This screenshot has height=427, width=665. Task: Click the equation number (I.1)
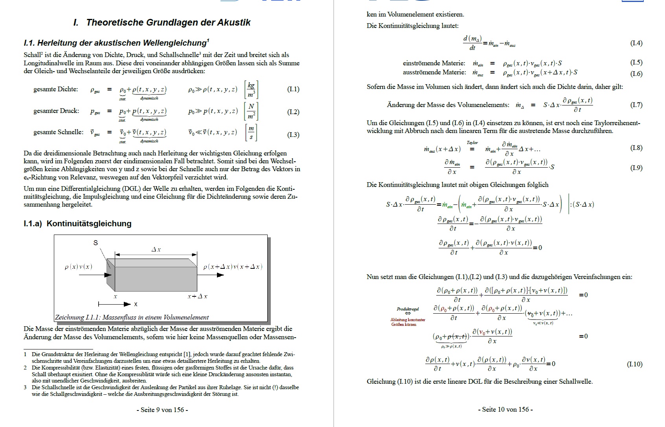(293, 89)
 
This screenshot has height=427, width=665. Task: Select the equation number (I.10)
(634, 364)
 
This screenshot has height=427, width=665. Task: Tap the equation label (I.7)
(636, 105)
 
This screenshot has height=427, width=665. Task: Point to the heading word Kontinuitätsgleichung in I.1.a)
(89, 224)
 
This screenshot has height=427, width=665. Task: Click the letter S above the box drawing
(96, 243)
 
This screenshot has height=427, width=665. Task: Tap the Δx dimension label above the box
(156, 250)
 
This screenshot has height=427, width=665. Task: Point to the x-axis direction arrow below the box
(114, 304)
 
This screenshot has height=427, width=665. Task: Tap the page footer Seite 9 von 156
(162, 410)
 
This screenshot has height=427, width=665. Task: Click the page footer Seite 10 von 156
(505, 409)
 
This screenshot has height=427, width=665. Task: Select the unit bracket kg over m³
(251, 90)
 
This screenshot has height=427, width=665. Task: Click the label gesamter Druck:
(56, 111)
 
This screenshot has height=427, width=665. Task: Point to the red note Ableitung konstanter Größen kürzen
(408, 322)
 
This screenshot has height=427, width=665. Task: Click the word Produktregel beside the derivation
(408, 309)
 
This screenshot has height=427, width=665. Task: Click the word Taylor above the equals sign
(472, 143)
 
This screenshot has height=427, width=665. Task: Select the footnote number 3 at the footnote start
(26, 387)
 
